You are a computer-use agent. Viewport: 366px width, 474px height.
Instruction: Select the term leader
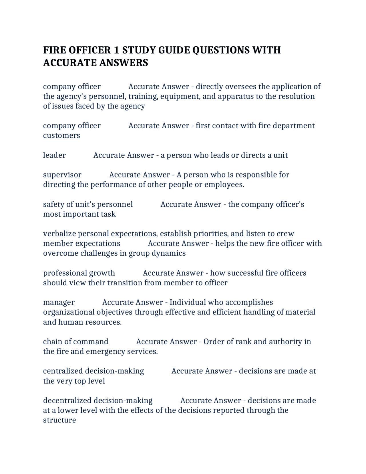(x=54, y=155)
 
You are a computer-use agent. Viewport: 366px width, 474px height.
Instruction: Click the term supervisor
(x=62, y=175)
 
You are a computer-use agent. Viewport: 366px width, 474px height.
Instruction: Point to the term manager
(x=59, y=303)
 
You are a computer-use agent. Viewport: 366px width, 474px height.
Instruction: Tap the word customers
(x=61, y=135)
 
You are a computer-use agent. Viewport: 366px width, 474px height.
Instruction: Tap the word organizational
(x=69, y=312)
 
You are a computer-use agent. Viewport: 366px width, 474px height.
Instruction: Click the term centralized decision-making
(x=93, y=371)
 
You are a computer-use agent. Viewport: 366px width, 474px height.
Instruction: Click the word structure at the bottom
(x=59, y=420)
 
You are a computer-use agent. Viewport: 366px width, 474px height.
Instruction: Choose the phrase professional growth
(x=79, y=273)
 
